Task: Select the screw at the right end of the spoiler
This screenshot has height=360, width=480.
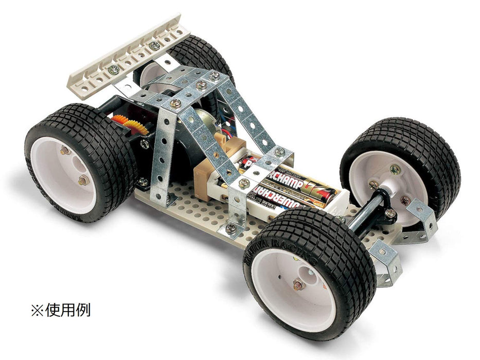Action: click(154, 45)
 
